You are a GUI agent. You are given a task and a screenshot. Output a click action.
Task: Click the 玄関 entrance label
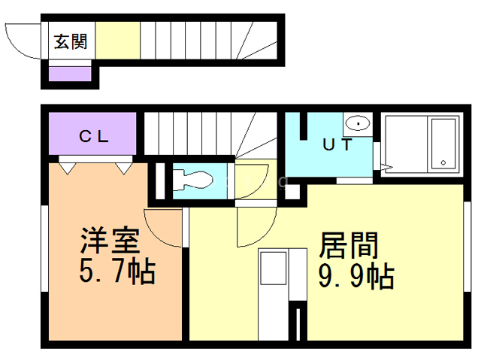point(71,41)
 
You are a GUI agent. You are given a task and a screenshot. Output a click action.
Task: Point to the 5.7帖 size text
point(116,272)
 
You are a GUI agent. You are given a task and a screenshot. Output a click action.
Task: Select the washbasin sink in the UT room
point(358,123)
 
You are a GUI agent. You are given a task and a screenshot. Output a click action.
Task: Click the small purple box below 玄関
point(70,74)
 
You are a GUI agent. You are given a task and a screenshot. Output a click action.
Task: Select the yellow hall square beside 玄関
point(118,41)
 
